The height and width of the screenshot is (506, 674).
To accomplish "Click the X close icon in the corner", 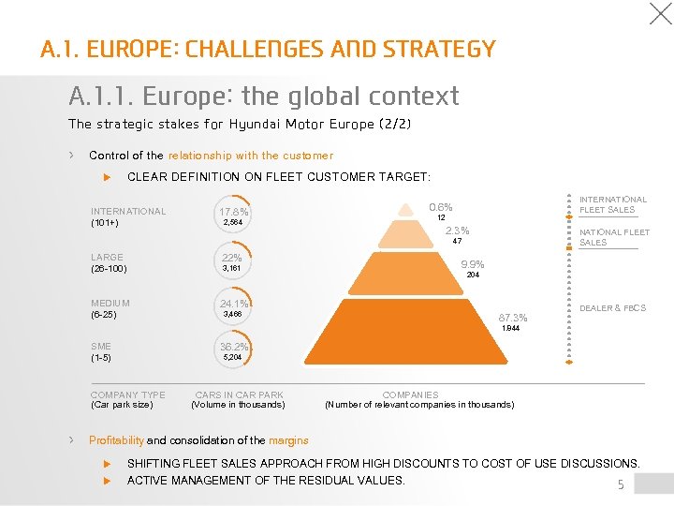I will (661, 13).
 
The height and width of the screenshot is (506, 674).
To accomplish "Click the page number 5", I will (620, 484).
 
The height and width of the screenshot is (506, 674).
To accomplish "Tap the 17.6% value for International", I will (233, 212).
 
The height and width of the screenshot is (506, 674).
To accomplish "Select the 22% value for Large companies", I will (231, 258).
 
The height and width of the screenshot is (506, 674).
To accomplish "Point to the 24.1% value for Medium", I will (233, 304).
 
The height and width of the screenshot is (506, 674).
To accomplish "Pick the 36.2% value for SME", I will (233, 347).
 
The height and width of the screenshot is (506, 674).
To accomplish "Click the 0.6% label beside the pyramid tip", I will (440, 207).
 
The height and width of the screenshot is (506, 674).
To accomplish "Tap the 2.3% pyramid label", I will (457, 231).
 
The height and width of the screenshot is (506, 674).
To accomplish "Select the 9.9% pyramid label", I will (473, 264).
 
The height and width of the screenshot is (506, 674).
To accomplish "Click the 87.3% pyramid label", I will (513, 318).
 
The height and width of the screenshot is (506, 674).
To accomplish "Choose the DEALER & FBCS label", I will (613, 308).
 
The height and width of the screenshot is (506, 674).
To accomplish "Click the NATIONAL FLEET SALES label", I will (614, 237).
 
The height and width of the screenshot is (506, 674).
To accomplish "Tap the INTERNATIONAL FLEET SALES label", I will (613, 204).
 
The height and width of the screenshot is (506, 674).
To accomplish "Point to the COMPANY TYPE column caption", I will (127, 395).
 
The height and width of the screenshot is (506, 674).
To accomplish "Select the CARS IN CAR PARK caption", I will (239, 395).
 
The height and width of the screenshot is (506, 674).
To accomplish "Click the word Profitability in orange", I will (116, 440).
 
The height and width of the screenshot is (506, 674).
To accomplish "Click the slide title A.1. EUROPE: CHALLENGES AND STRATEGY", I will (268, 49).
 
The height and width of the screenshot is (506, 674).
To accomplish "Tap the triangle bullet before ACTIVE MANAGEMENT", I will (107, 481).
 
